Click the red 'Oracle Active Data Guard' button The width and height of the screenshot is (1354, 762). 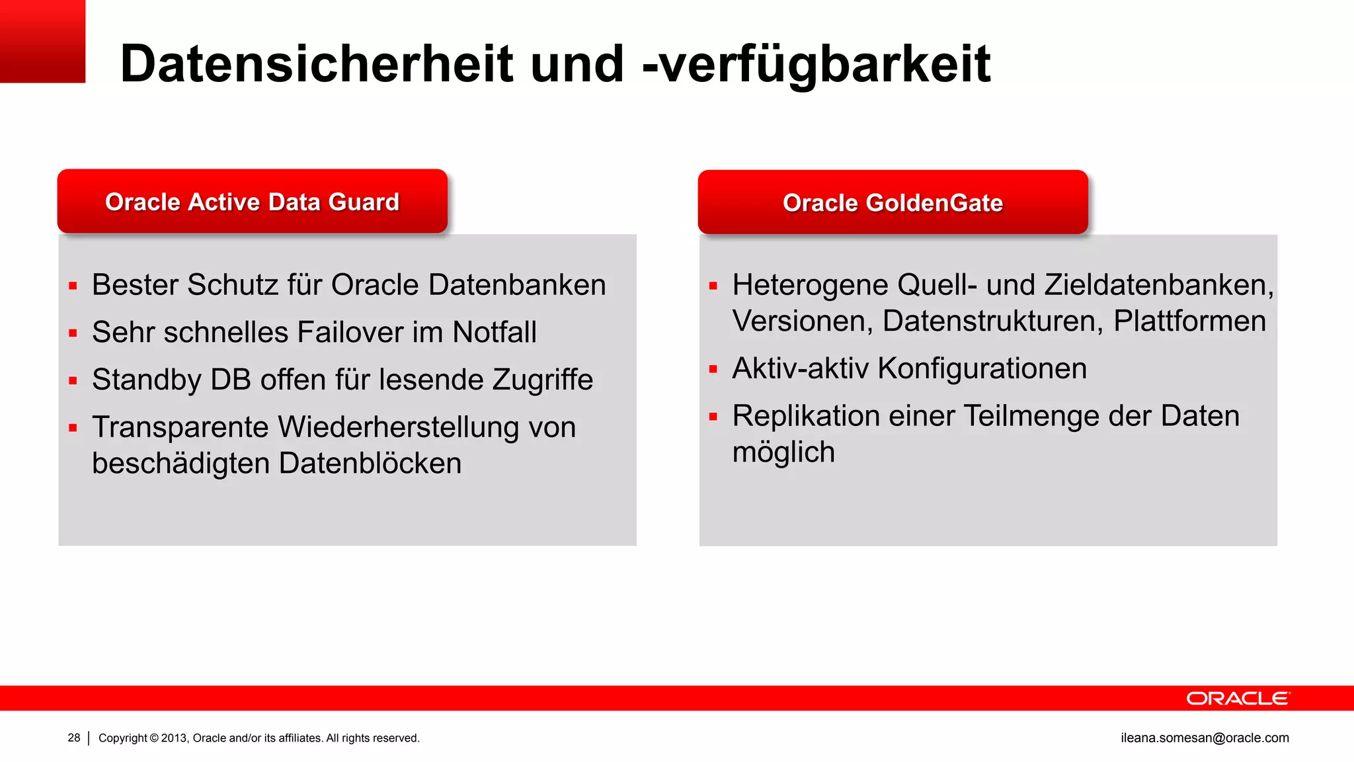pos(252,202)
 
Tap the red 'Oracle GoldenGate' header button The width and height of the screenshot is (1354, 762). pos(893,202)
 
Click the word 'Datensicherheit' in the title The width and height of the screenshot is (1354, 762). pos(317,63)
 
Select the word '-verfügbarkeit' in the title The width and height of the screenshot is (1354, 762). pos(816,65)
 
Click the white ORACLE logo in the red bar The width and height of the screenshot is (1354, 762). pos(1238,698)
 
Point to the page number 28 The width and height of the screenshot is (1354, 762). pos(74,738)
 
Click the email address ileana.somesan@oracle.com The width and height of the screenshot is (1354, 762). pos(1205,738)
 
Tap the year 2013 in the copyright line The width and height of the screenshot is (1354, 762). pos(175,738)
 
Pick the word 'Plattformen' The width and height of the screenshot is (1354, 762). pos(1189,321)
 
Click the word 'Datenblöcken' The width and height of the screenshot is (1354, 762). pos(370,464)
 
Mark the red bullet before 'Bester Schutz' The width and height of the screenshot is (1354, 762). pos(73,286)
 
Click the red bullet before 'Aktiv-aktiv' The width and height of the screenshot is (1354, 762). pos(713,370)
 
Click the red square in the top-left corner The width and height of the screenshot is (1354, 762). pos(42,41)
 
